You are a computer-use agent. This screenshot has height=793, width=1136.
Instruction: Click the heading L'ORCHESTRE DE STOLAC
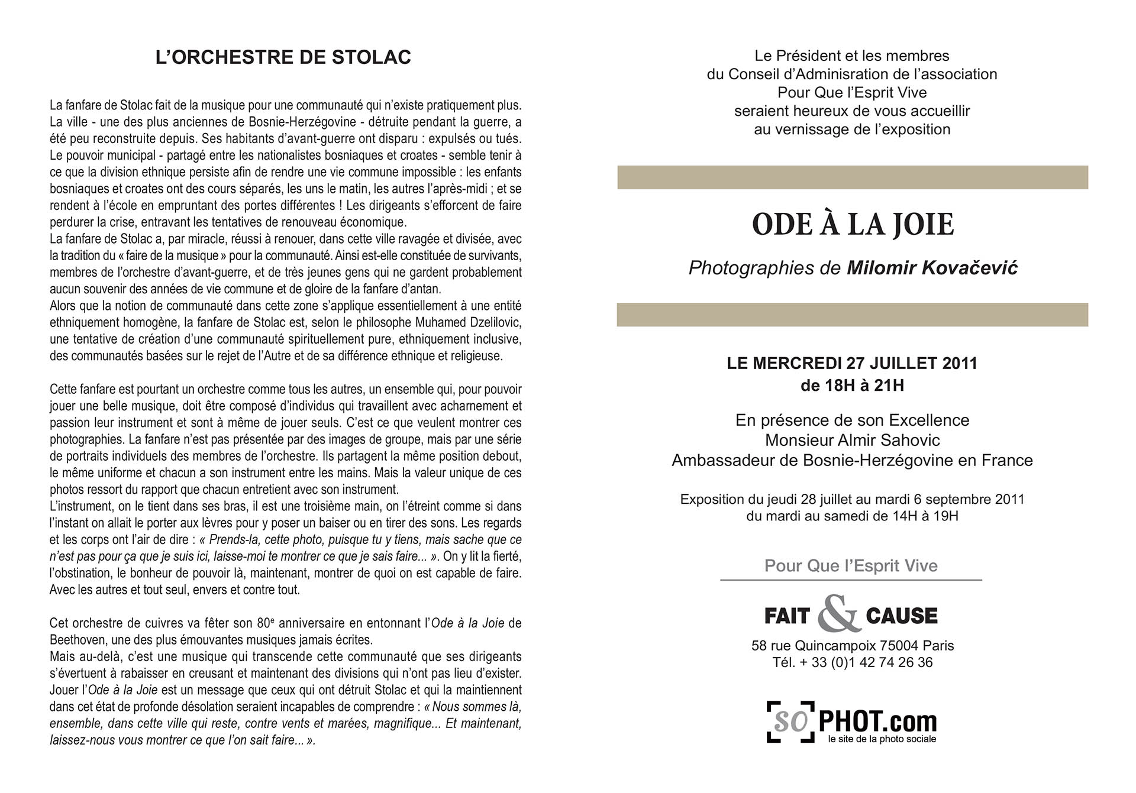(283, 57)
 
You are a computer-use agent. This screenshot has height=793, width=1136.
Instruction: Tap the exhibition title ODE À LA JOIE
(853, 225)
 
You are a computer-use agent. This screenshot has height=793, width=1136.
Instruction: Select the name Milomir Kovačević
(932, 268)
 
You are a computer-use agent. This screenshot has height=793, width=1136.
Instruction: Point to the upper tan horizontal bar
(852, 177)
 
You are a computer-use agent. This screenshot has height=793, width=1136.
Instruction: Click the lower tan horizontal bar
(852, 315)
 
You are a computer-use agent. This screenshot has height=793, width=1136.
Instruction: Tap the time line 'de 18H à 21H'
(852, 386)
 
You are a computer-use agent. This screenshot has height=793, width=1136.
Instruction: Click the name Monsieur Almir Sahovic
(852, 440)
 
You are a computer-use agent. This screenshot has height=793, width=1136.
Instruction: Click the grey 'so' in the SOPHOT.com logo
(791, 721)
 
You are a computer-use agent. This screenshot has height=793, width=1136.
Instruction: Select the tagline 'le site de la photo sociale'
(882, 739)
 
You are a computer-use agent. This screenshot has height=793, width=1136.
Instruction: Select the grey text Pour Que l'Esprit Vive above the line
(851, 566)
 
